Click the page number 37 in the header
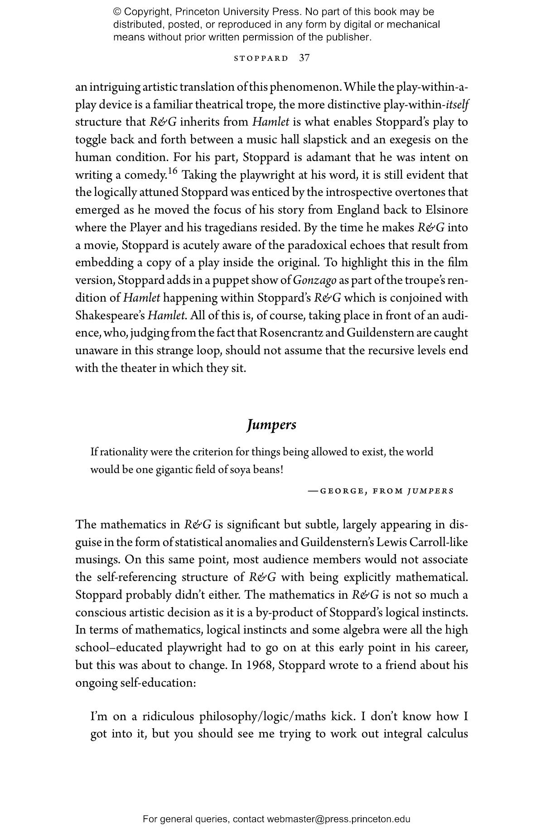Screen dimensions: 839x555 point(304,58)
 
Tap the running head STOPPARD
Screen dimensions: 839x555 point(261,59)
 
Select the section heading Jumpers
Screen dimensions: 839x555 point(271,425)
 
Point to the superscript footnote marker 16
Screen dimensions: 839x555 point(172,171)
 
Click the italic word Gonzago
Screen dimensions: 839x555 point(314,280)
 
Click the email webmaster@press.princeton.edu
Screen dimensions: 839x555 point(338,819)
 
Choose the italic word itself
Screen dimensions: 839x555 point(457,105)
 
